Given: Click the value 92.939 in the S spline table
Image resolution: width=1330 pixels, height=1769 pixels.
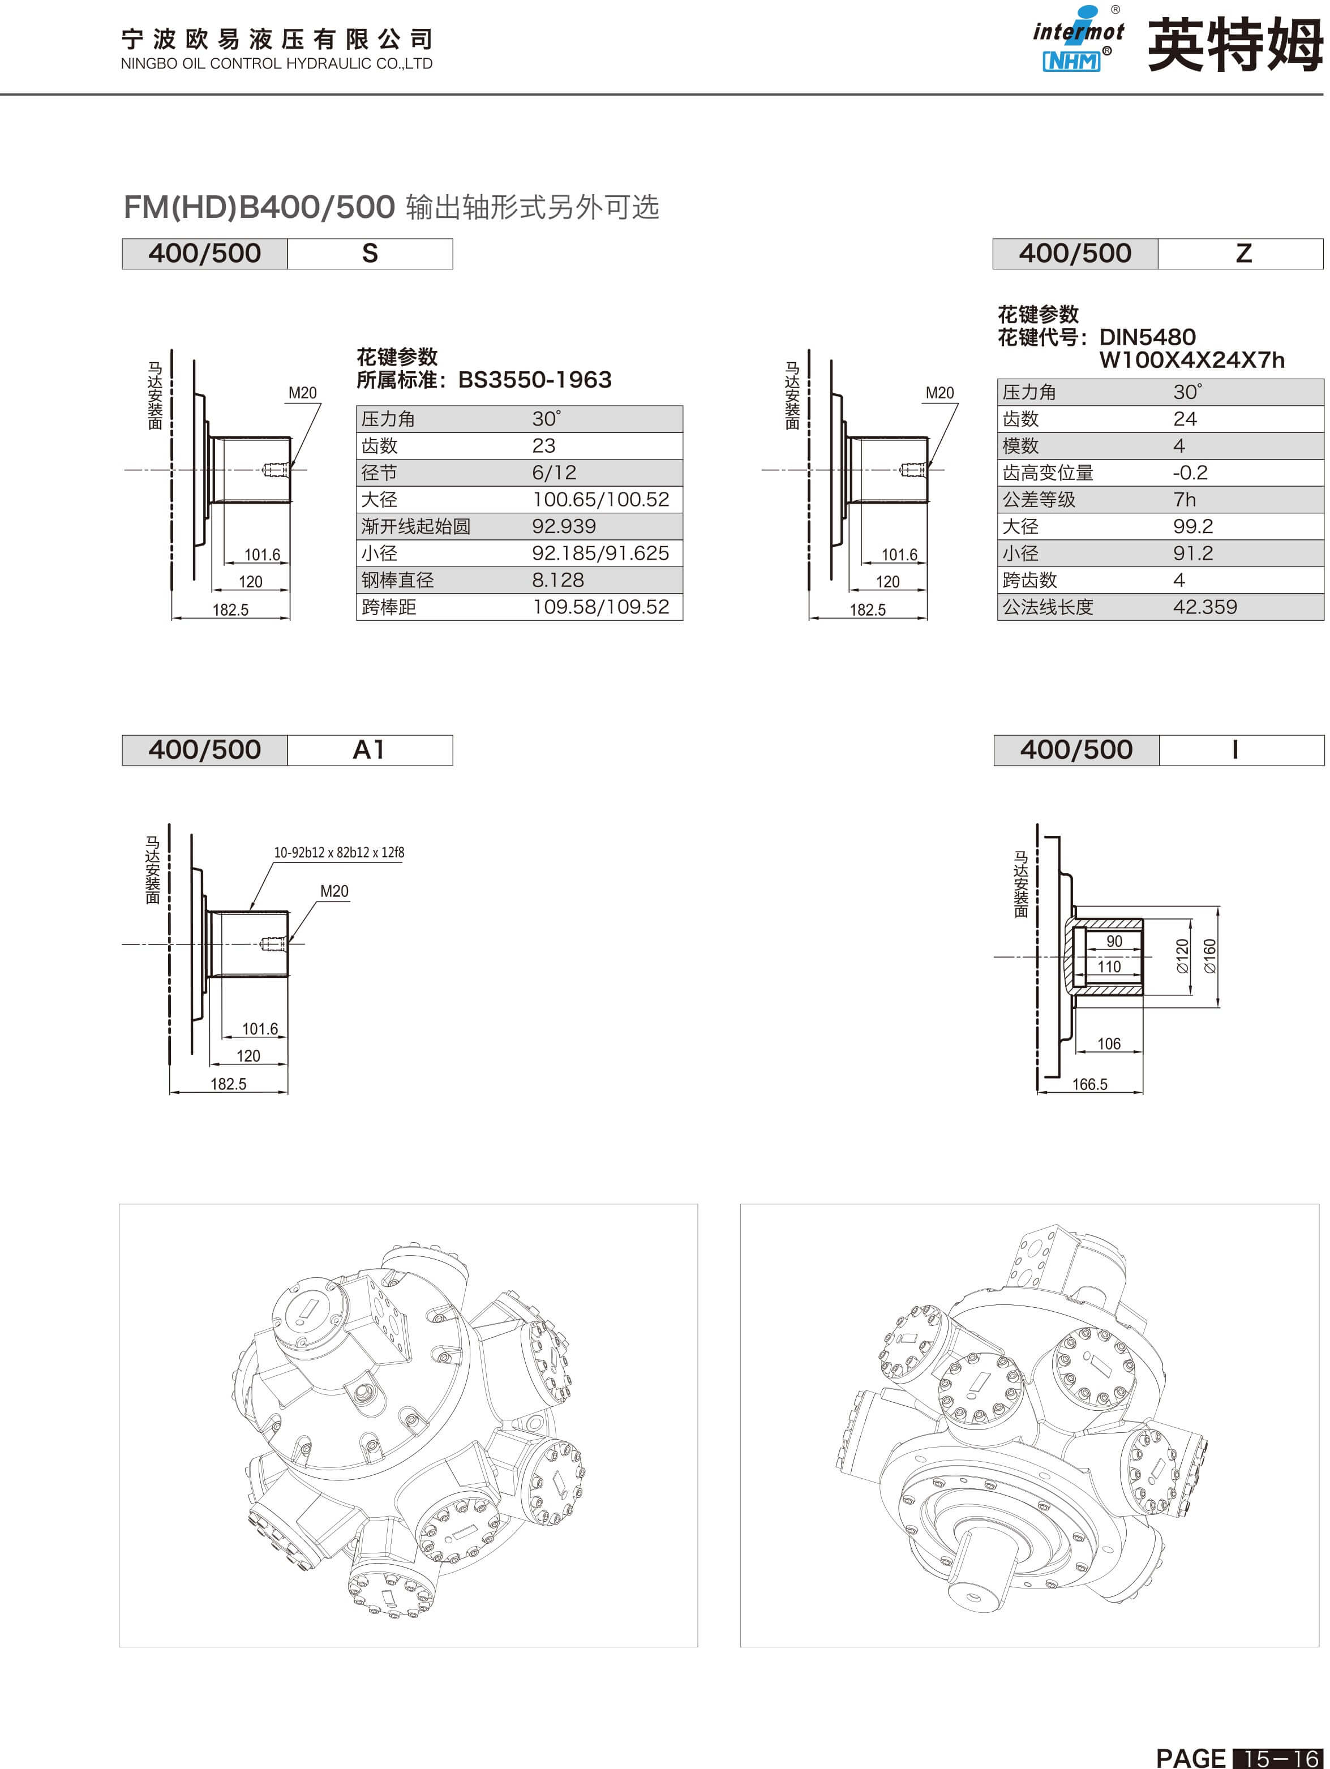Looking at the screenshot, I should pos(564,526).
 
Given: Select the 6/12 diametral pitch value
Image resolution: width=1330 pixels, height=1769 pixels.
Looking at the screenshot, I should pos(554,473).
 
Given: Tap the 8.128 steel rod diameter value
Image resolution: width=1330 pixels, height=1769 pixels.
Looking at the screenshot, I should pos(558,580).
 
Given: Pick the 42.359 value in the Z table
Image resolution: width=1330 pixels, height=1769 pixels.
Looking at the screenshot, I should pos(1204,607).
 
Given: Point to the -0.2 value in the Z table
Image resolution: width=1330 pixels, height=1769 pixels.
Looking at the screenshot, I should pos(1190,473).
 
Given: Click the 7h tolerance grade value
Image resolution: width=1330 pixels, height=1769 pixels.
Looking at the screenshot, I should pos(1185,500).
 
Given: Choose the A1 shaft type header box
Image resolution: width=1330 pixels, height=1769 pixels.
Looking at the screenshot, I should pos(370,750).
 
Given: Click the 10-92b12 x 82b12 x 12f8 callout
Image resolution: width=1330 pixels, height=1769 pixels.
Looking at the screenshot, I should pos(339,852).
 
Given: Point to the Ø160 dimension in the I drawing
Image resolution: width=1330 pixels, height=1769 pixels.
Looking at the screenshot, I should pos(1209,956).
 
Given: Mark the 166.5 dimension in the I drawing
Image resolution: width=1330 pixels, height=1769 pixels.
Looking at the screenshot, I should pos(1089,1084).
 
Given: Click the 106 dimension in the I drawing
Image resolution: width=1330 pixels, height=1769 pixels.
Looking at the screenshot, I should pos(1109,1044).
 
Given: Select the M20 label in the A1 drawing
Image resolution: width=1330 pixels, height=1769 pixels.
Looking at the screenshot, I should pos(334,891).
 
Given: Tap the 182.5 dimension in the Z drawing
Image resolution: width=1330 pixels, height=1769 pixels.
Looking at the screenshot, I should pos(867,609).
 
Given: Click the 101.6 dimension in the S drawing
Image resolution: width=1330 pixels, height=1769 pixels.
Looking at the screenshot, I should pos(262,554).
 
